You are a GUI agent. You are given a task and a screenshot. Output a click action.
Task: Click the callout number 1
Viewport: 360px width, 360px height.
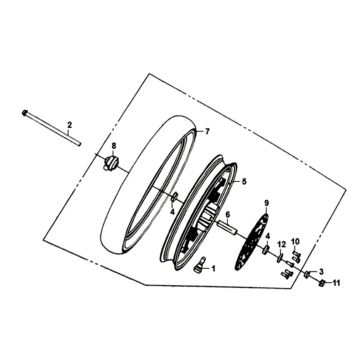tap(212, 267)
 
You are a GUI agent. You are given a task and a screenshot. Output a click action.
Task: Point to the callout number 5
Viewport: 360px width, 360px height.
tap(240, 181)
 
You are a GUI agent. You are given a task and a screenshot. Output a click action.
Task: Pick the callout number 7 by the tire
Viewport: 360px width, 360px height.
tap(207, 132)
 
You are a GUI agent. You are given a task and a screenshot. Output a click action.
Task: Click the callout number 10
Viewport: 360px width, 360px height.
tap(294, 240)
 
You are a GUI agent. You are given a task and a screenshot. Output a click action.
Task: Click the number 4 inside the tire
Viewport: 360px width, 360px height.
tap(172, 209)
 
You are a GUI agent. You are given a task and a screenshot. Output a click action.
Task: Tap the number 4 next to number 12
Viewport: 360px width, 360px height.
tap(267, 235)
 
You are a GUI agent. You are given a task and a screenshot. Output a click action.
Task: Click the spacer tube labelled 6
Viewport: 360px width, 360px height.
tap(228, 232)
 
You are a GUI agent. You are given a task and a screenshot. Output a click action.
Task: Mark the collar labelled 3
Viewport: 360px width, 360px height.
tap(309, 273)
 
